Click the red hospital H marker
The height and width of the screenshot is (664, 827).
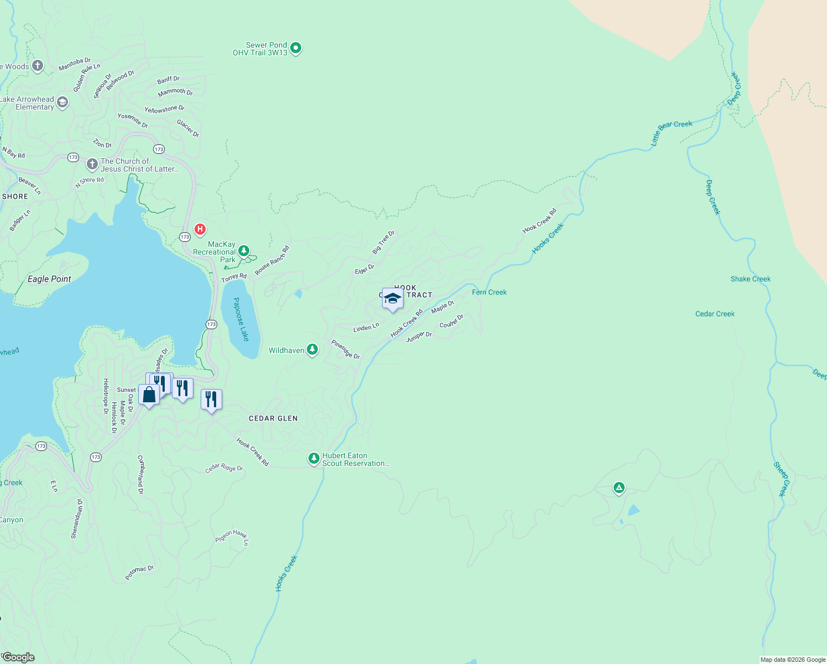(200, 229)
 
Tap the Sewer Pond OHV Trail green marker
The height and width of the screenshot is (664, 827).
(296, 49)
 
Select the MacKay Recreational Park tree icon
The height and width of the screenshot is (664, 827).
(243, 251)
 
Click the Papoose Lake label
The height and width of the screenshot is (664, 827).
(241, 319)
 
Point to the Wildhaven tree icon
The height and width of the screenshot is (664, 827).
(312, 350)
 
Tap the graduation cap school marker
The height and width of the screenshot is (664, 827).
(392, 299)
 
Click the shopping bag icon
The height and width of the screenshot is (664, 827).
(149, 395)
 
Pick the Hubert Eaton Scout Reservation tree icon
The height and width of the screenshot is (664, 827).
(314, 459)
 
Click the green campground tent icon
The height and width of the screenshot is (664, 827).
(619, 488)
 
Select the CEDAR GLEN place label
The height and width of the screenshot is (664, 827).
(273, 418)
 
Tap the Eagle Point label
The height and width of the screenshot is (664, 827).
(49, 279)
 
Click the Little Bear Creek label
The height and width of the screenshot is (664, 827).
(671, 133)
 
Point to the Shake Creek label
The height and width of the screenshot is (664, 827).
(750, 279)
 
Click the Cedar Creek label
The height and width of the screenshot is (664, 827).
(715, 314)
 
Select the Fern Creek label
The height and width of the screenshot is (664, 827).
(489, 292)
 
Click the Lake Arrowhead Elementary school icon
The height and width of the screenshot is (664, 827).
(62, 102)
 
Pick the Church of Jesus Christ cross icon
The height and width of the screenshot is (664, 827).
(92, 165)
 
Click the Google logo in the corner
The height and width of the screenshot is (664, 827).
(18, 657)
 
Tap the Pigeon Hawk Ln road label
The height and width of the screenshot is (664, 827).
(232, 536)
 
